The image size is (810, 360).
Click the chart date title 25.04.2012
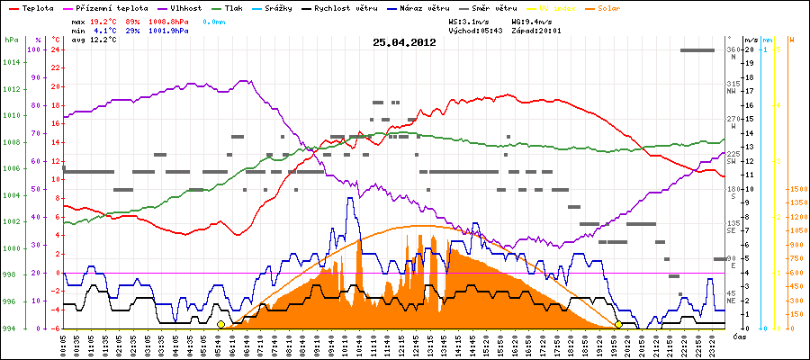click(x=404, y=42)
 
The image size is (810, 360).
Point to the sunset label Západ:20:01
click(x=536, y=30)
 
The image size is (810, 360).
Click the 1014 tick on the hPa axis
click(x=11, y=62)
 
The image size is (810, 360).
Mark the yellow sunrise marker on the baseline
click(x=220, y=324)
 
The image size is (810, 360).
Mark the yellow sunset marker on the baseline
click(x=618, y=324)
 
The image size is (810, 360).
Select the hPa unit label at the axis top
click(x=11, y=40)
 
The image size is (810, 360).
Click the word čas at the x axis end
click(x=738, y=337)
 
